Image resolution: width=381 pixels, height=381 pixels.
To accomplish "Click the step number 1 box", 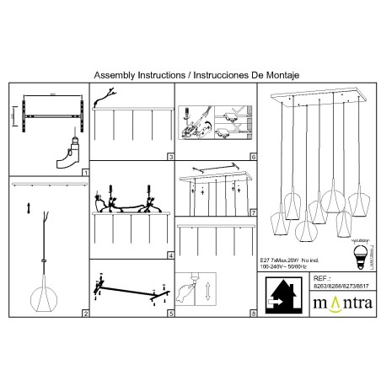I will click(85, 172).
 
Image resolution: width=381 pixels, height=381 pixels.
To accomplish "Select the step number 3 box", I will click(170, 157).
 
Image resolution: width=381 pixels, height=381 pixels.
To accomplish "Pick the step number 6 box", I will click(254, 157).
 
